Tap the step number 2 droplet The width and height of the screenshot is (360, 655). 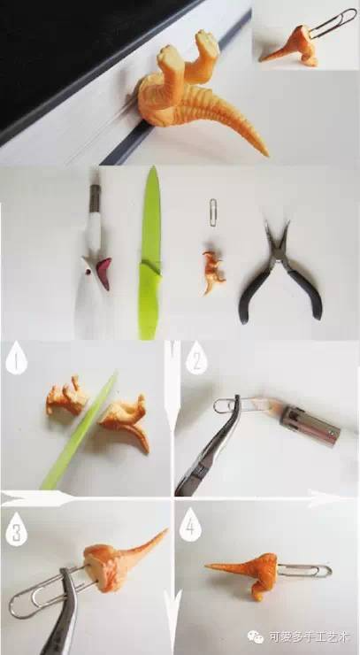[196, 358]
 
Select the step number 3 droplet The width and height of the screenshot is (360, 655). [16, 529]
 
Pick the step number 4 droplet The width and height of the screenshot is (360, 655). [190, 526]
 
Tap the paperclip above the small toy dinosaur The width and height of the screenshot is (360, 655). [213, 213]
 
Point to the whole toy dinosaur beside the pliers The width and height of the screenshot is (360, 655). [213, 272]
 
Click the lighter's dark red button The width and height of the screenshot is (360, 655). [104, 274]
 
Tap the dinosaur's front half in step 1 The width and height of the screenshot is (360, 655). [66, 396]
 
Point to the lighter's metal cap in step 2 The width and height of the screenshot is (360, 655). [310, 425]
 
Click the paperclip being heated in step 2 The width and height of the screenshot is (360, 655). [243, 405]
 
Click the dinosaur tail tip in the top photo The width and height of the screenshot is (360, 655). [266, 154]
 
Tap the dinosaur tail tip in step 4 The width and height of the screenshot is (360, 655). [206, 566]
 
